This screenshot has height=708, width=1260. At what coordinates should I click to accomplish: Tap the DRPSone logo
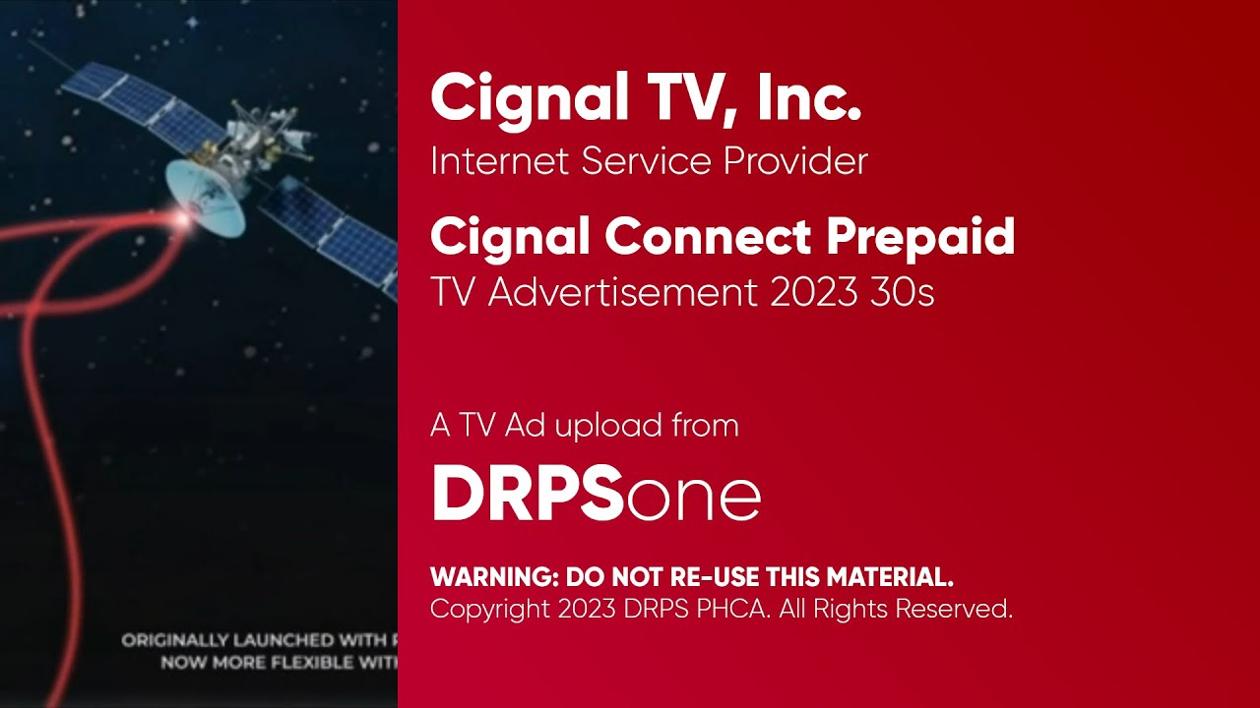pos(596,495)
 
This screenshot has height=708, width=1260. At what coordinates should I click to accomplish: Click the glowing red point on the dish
pos(182,219)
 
